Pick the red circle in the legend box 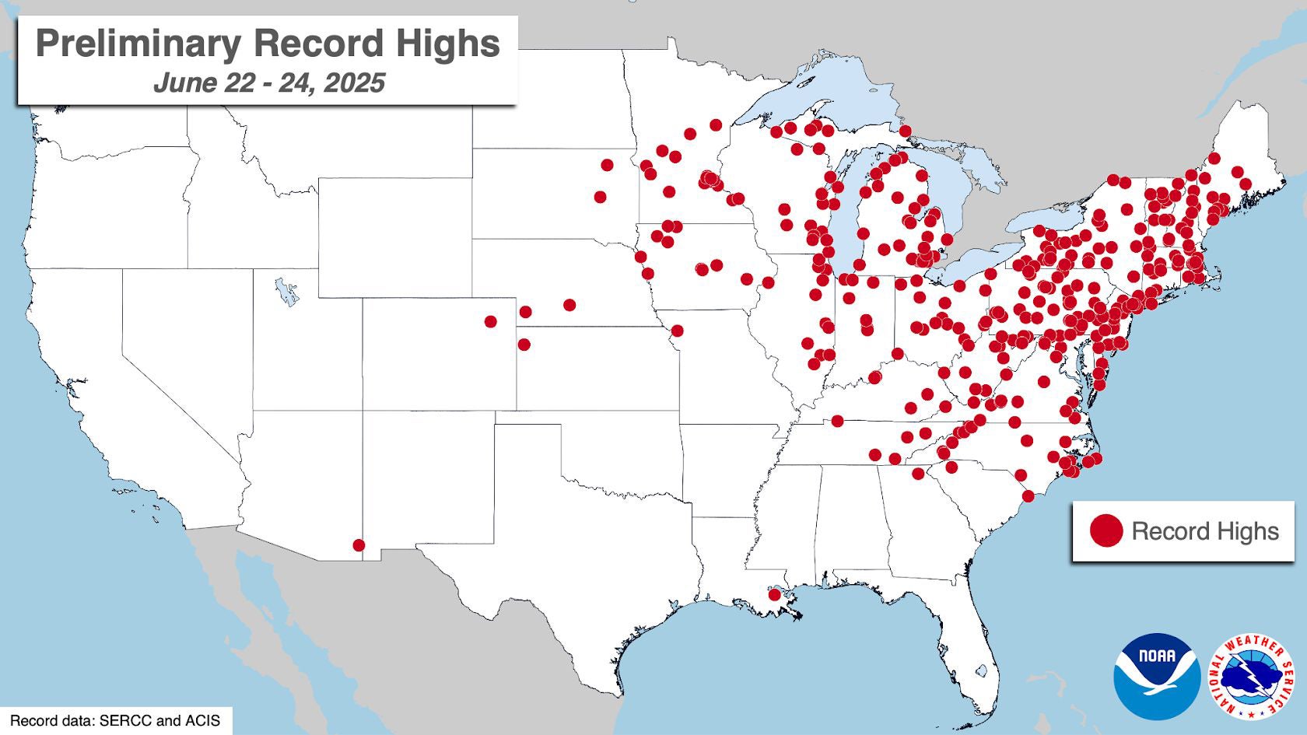[x=1106, y=531]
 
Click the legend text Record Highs [x=1204, y=531]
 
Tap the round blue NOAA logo [x=1157, y=675]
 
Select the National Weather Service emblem [x=1253, y=675]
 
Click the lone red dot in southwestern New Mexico [x=359, y=545]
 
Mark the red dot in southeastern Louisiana [x=774, y=595]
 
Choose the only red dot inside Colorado [x=490, y=321]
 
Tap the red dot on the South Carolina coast [x=1028, y=496]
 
